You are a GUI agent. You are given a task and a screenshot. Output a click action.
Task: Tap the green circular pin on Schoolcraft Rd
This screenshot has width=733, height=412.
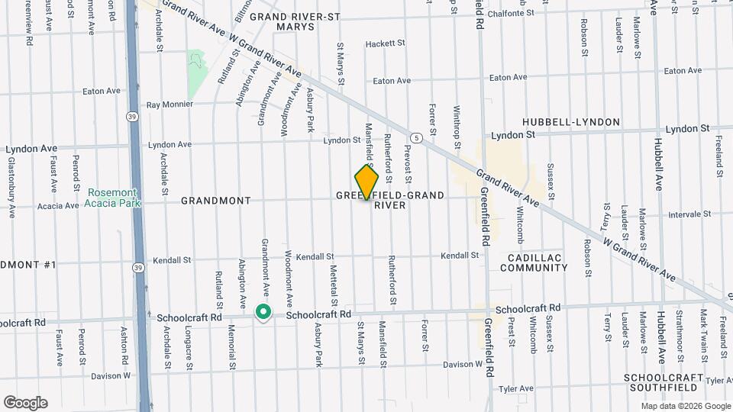263,312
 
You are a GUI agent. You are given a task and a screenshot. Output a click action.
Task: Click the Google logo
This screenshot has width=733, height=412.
25,403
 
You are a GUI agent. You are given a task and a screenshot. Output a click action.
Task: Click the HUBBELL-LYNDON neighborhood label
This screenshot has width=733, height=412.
563,122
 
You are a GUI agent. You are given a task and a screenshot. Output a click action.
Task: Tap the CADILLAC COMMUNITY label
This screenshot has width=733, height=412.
534,262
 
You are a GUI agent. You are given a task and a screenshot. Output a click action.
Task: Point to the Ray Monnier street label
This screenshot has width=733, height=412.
170,105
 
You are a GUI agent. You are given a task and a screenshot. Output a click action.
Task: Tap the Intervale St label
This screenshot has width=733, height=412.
689,215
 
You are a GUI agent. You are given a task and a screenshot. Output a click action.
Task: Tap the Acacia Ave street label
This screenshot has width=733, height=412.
57,206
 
